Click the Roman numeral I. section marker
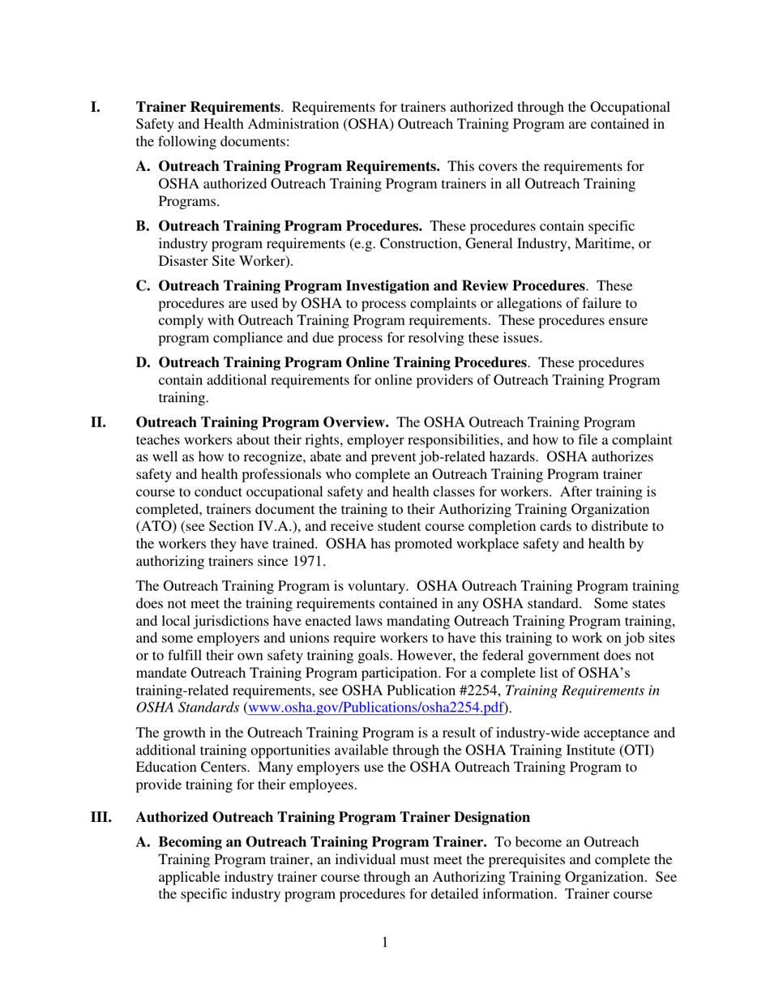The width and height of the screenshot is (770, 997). pos(95,107)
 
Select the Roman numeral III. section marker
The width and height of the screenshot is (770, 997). pos(101,817)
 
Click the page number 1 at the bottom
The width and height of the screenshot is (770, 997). pos(385,942)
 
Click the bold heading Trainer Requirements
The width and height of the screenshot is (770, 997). pos(207,107)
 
